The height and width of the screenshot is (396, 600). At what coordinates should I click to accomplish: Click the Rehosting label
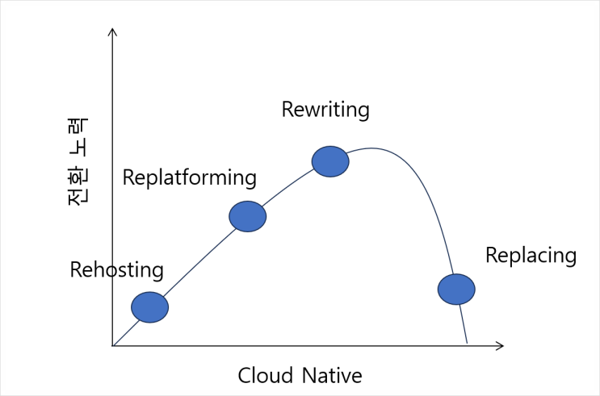tap(117, 270)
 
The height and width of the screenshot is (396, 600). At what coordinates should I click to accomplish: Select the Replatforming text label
tap(190, 178)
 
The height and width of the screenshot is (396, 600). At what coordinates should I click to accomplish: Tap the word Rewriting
tap(325, 110)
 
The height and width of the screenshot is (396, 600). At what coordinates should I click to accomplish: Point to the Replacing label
tap(531, 256)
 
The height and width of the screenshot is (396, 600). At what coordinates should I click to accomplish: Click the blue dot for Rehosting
tap(149, 307)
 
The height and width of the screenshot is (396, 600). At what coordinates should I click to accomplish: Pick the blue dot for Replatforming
tap(248, 216)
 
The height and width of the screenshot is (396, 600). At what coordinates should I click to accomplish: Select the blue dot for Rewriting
tap(330, 161)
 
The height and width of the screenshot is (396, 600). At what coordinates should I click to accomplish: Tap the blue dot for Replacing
tap(456, 290)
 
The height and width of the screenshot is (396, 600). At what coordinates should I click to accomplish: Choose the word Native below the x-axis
tap(332, 375)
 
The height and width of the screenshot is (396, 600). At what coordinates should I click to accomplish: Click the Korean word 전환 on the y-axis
tap(78, 185)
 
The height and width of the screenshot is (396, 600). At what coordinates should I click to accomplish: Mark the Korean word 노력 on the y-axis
tap(78, 138)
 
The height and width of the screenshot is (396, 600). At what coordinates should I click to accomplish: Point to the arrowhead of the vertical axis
tap(112, 29)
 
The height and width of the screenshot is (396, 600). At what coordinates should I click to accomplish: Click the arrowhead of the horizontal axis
tap(503, 346)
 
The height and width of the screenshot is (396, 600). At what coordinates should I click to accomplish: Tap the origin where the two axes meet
tap(112, 346)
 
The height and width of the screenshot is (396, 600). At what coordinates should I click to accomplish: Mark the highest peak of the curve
tap(371, 148)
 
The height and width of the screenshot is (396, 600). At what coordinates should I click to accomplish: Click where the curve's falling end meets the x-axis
tap(468, 345)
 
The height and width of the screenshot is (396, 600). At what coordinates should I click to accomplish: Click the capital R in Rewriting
tap(287, 110)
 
